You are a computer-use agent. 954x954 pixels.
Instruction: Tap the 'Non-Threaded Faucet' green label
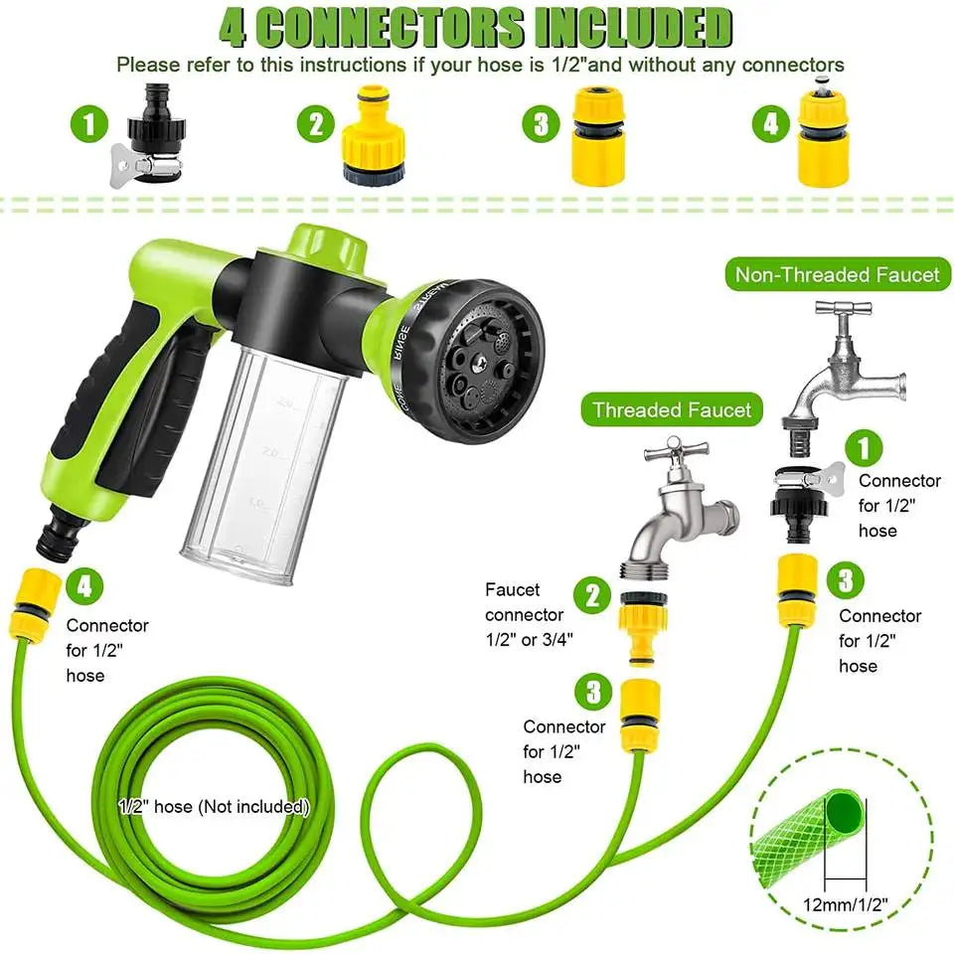coord(837,274)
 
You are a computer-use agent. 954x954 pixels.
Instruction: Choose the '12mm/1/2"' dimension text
coord(845,904)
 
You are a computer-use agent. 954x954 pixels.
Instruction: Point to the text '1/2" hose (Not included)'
coord(214,807)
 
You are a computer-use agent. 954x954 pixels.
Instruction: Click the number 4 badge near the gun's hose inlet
coord(83,586)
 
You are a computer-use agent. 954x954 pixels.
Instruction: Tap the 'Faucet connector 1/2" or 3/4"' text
coord(529,614)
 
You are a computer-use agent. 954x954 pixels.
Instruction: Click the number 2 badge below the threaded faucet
coord(592,595)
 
